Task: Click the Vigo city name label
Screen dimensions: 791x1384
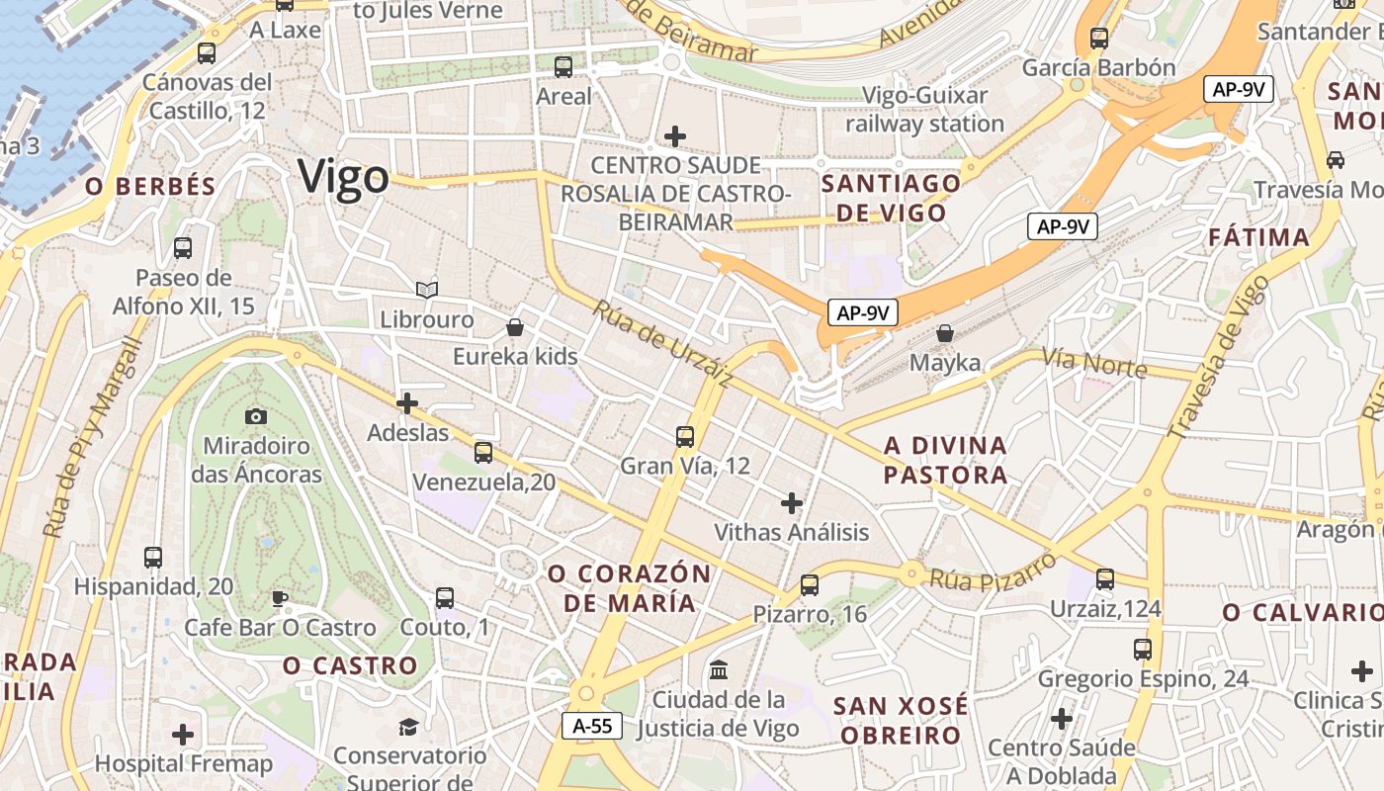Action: tap(344, 178)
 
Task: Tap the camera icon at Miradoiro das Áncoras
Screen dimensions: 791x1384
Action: tap(256, 417)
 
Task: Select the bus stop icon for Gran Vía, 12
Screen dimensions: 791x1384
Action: tap(685, 436)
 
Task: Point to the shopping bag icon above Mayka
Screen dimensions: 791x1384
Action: tap(945, 333)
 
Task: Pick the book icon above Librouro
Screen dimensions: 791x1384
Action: tap(427, 290)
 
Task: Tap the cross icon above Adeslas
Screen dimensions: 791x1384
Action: tap(407, 403)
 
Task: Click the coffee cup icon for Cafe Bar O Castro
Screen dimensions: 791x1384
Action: tap(280, 598)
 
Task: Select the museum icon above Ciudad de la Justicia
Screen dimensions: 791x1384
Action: tap(719, 670)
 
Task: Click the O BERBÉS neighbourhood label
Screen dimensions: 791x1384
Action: tap(150, 187)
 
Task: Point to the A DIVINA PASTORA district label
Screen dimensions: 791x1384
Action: tap(945, 460)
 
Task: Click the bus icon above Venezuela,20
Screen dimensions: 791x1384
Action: tap(483, 453)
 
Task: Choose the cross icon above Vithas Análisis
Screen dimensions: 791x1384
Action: tap(792, 503)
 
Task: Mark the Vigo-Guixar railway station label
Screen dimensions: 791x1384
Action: tap(925, 110)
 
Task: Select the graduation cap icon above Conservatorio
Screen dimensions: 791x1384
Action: tap(408, 728)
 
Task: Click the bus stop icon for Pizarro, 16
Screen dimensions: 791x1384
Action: tap(810, 585)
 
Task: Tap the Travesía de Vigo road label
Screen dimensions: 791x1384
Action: tap(1218, 357)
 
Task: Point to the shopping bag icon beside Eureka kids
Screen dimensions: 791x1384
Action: tap(515, 326)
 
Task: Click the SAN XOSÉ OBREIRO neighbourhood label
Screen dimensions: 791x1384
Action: tap(900, 720)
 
